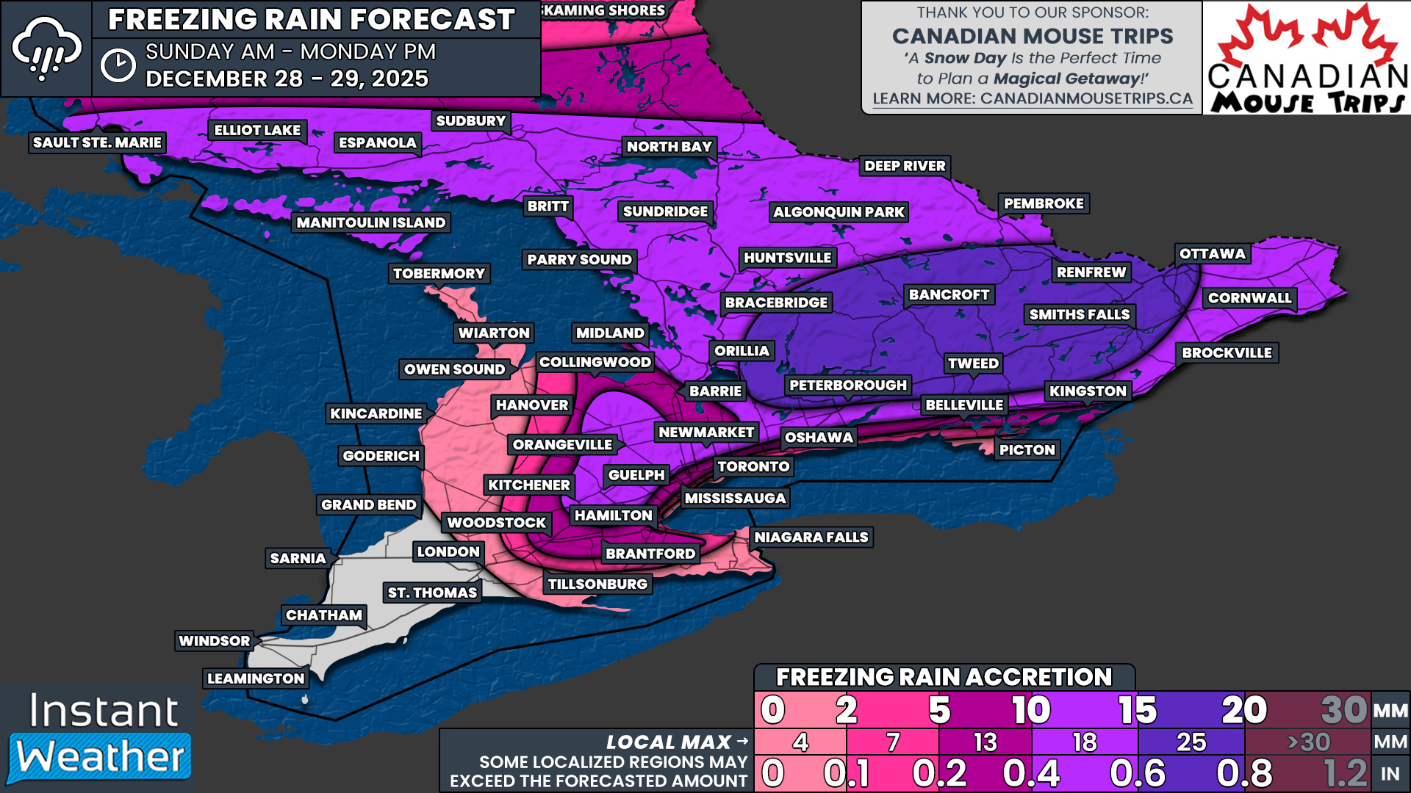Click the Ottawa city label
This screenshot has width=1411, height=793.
point(1212,254)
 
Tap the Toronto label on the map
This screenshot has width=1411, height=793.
point(753,466)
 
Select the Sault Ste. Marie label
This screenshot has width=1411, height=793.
point(97,142)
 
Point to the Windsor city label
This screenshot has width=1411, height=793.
point(214,641)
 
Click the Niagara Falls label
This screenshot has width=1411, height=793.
point(811,537)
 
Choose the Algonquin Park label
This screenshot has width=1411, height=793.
point(839,212)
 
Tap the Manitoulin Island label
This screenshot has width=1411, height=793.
point(370,222)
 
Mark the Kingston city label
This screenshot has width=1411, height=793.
point(1087,391)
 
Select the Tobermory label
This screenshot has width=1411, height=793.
point(439,274)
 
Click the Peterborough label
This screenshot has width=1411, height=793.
point(847,385)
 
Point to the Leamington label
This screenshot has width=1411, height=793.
point(255,678)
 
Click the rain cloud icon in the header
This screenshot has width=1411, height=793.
point(46,48)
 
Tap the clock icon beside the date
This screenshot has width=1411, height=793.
point(118,65)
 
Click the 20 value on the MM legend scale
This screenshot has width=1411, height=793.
point(1243,710)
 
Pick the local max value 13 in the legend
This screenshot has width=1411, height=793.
point(985,742)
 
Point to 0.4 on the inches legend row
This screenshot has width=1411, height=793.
point(1031,774)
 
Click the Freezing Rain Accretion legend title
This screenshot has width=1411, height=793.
point(944,677)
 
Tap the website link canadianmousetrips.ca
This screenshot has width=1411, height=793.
point(1032,99)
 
